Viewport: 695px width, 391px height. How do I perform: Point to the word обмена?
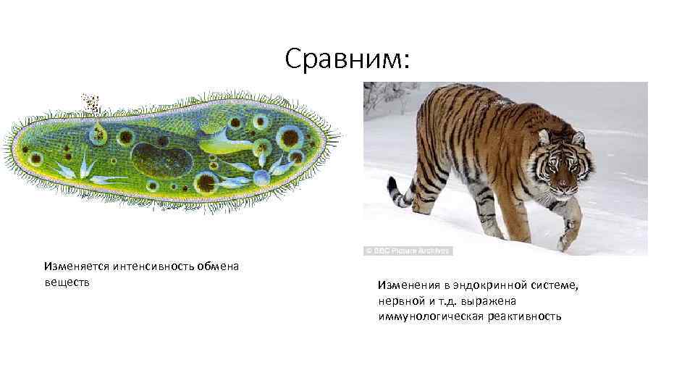click(x=217, y=266)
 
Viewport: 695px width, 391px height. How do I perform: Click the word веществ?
click(x=67, y=281)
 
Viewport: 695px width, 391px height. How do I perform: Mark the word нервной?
click(x=398, y=300)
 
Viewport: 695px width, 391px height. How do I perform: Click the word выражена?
click(x=492, y=300)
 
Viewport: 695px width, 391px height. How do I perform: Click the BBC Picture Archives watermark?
click(x=408, y=251)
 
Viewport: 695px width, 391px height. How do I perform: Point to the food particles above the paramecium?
click(x=91, y=104)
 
